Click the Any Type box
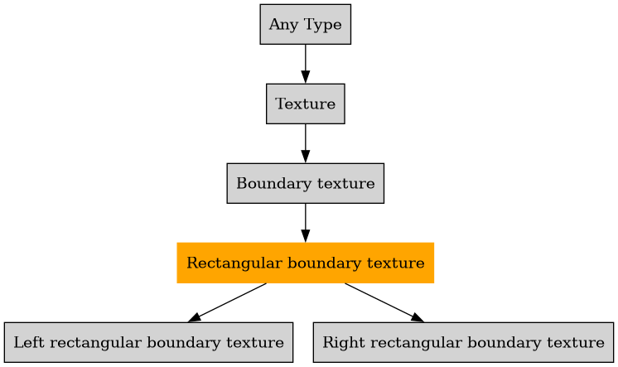click(x=305, y=25)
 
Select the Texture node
click(x=305, y=104)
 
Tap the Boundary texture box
click(x=305, y=183)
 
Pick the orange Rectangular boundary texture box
click(x=305, y=263)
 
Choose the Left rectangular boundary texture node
click(x=148, y=342)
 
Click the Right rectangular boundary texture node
click(x=463, y=342)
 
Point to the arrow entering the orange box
click(x=305, y=223)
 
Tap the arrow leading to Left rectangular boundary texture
click(x=229, y=302)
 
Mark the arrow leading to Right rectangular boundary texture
click(x=383, y=302)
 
